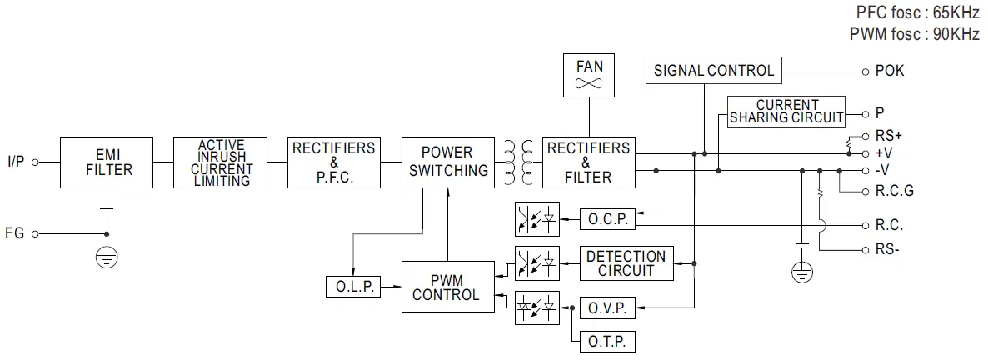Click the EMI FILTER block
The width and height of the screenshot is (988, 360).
[107, 162]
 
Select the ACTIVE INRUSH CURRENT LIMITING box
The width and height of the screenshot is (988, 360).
[221, 162]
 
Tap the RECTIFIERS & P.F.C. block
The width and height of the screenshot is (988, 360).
[334, 162]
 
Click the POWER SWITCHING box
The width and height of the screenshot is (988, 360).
[447, 162]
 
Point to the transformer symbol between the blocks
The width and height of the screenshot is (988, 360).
[516, 162]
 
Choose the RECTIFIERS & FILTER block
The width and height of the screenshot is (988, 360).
[588, 162]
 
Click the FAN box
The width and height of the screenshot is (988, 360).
[588, 76]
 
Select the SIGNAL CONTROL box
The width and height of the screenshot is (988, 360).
[714, 71]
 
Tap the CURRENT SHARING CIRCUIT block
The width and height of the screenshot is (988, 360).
[786, 112]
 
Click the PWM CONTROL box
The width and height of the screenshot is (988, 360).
[447, 287]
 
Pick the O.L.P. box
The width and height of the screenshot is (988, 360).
[352, 287]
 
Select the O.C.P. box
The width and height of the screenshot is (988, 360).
[607, 219]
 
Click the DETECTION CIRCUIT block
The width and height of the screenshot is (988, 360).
[626, 263]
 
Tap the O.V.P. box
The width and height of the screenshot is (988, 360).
[607, 307]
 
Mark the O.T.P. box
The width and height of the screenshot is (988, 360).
[607, 342]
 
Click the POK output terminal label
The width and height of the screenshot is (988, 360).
[889, 71]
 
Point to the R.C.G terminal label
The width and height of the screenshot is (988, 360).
[894, 191]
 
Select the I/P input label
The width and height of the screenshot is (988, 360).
[16, 162]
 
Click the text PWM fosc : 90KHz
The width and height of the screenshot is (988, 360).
[915, 34]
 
